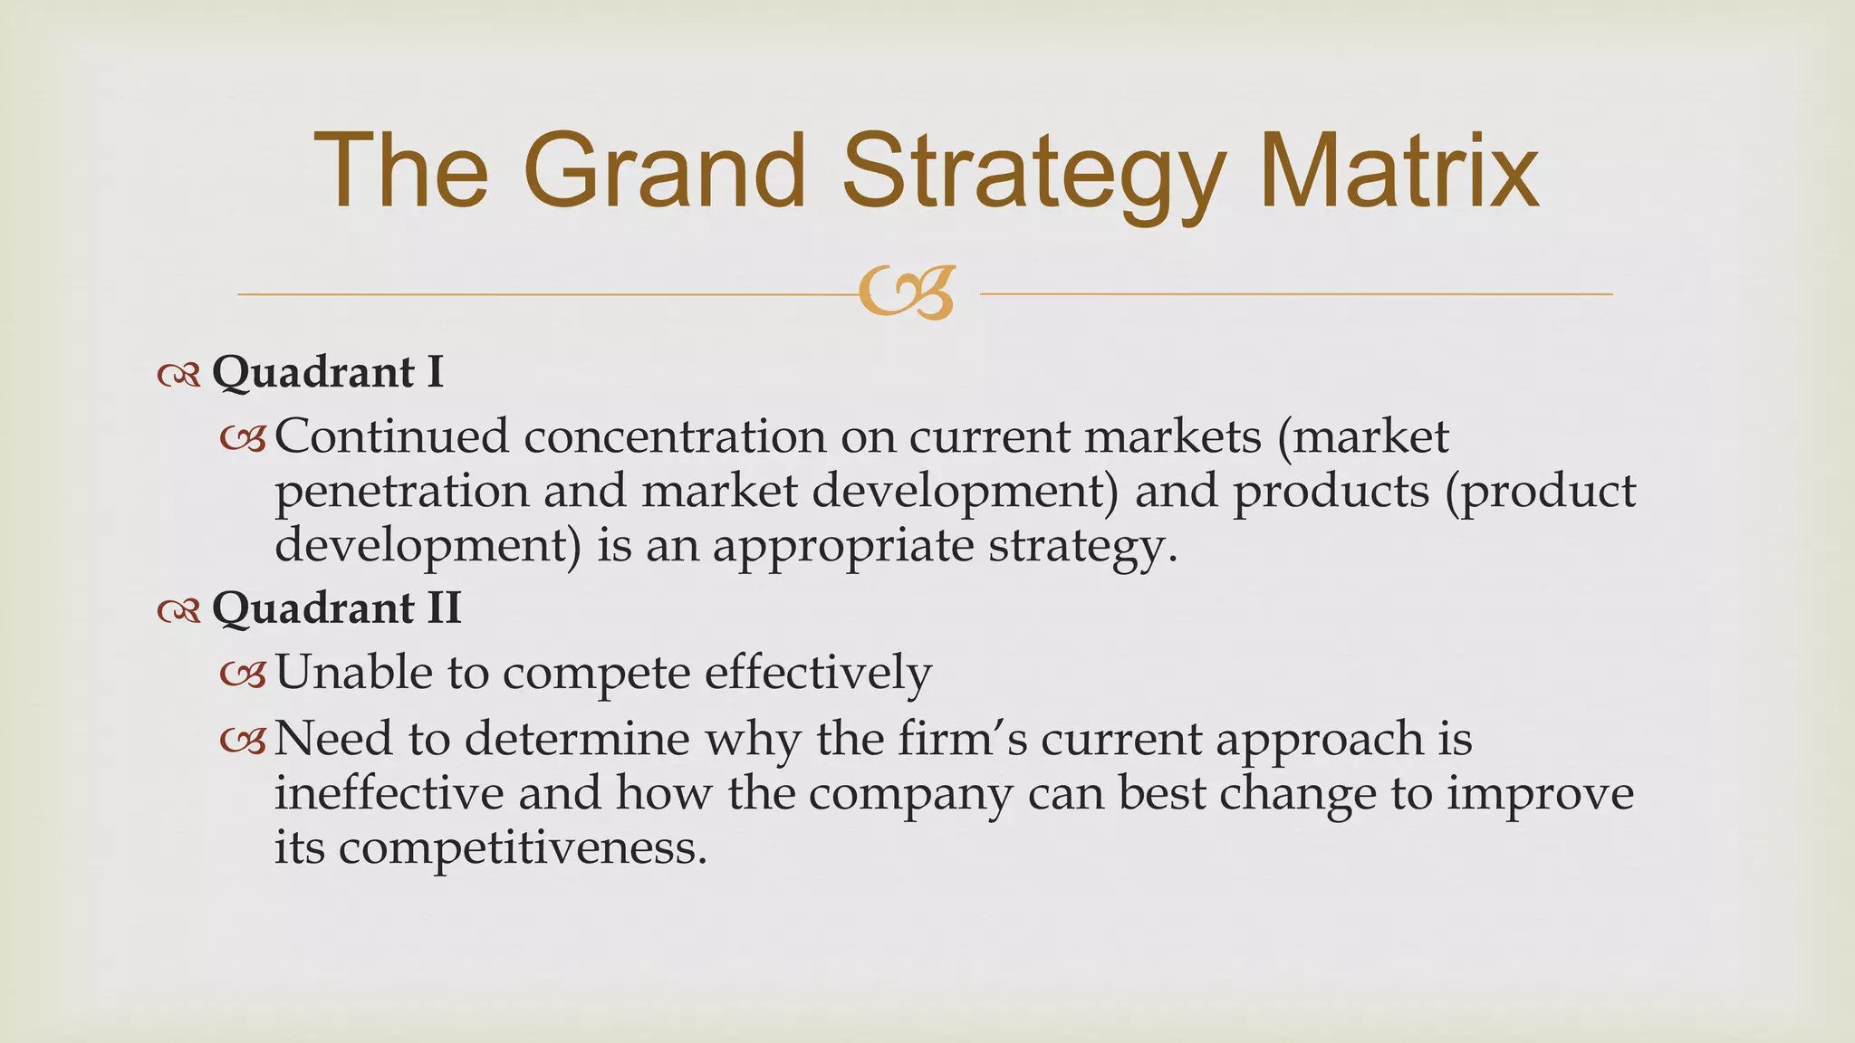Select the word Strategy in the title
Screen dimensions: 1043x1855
click(x=1033, y=177)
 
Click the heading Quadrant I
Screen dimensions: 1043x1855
click(x=327, y=372)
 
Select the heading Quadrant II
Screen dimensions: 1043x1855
click(x=336, y=608)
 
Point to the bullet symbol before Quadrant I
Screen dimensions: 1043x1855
click(x=178, y=375)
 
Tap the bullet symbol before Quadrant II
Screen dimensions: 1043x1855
click(x=178, y=611)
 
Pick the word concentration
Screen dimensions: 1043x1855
click(x=674, y=436)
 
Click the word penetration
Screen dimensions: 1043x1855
click(x=401, y=492)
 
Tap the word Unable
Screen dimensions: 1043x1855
click(x=353, y=673)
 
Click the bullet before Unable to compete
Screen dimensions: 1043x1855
click(x=243, y=675)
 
